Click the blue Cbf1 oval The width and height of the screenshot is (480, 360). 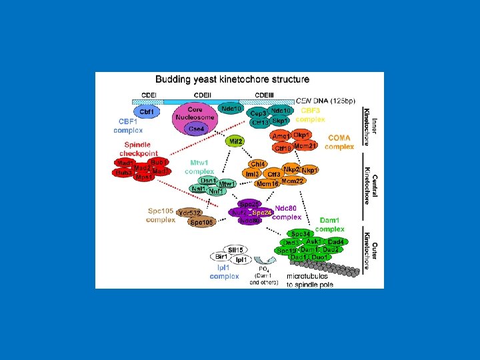(147, 112)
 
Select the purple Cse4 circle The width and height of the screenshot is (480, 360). (196, 129)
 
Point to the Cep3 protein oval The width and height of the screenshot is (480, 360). (259, 114)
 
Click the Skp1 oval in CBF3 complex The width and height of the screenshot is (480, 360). (281, 121)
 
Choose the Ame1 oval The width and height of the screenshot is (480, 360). (281, 136)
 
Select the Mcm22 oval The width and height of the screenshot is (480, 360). (293, 181)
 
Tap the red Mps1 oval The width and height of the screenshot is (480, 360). (143, 177)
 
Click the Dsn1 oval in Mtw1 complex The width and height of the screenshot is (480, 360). (208, 181)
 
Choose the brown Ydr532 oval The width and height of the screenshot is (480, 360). (191, 213)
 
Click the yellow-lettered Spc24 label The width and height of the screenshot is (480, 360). (262, 212)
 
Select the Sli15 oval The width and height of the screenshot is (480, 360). (235, 249)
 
